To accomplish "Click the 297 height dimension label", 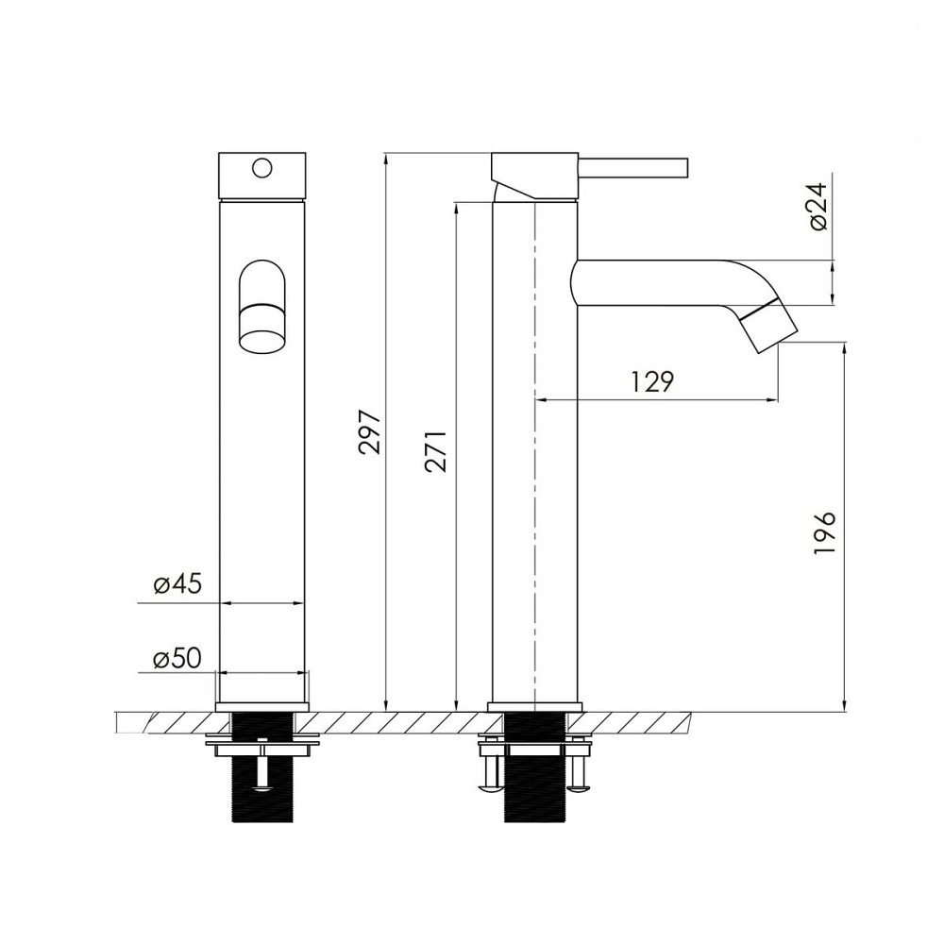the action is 370,432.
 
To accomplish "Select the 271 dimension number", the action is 436,451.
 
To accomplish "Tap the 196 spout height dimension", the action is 824,532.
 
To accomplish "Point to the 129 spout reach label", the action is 652,381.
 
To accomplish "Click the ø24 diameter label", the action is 818,206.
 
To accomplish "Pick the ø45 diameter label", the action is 177,583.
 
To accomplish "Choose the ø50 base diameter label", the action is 177,659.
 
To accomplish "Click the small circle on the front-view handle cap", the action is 261,167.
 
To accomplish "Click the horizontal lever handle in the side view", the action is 633,168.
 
